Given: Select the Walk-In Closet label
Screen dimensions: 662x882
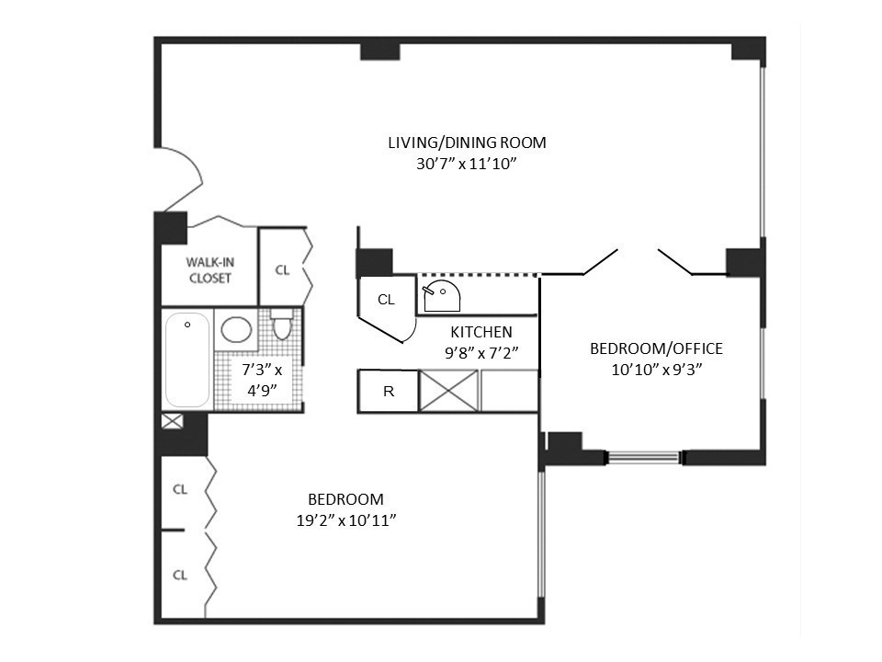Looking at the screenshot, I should click(209, 269).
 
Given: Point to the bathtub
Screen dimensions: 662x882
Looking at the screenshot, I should click(187, 360).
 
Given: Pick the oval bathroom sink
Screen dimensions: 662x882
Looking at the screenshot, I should click(238, 330).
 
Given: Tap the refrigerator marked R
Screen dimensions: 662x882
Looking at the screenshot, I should click(388, 391).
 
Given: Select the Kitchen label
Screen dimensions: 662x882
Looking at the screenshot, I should click(481, 332).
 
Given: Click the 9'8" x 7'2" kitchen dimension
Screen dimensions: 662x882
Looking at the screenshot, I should click(481, 352).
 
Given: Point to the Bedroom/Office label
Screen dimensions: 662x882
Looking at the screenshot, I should click(656, 349).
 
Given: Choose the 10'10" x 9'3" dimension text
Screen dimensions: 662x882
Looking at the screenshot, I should click(656, 370).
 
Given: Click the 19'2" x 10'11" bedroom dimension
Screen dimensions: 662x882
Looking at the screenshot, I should click(345, 519).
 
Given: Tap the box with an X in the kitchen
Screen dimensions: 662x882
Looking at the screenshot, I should click(448, 391).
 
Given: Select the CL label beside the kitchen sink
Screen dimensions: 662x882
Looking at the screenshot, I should click(386, 300).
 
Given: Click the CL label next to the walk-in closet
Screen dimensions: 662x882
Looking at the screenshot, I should click(283, 269).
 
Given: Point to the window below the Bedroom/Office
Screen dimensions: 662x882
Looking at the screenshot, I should click(643, 456).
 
